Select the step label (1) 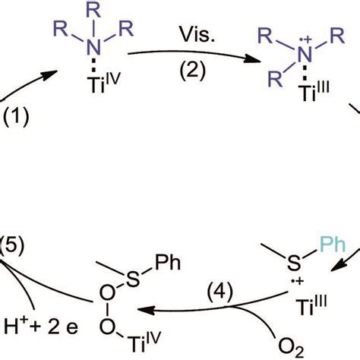[18, 118]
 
